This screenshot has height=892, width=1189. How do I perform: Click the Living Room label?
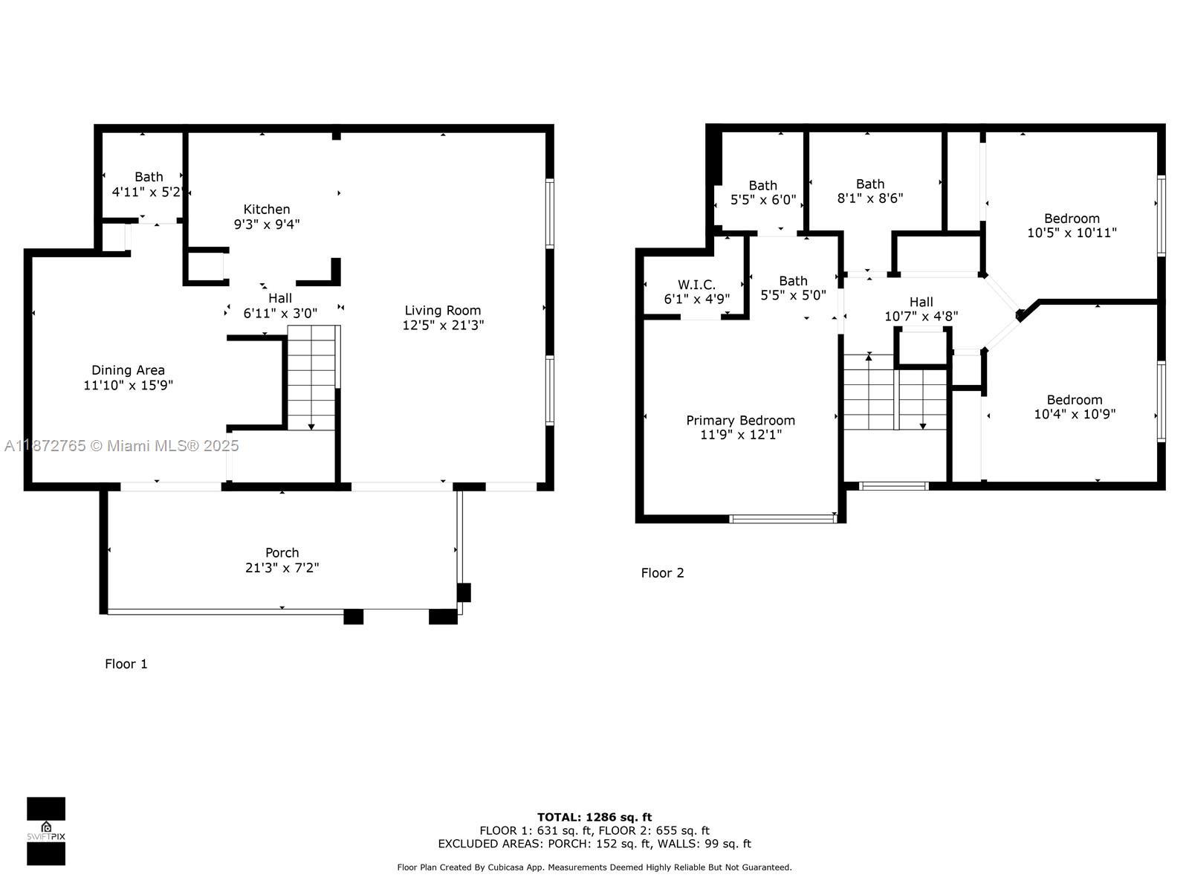(x=443, y=311)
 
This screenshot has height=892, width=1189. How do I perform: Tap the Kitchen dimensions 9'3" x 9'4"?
(x=267, y=224)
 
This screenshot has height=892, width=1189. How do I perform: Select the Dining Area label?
(x=128, y=370)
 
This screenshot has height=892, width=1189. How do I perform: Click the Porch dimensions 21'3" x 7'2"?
(x=282, y=568)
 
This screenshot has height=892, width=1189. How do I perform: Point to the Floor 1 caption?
(x=126, y=664)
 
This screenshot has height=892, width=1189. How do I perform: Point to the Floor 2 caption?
(x=662, y=573)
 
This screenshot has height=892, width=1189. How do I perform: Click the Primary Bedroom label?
(x=740, y=421)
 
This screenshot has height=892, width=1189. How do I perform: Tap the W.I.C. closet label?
(x=696, y=285)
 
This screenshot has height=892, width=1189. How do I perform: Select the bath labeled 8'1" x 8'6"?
(x=870, y=191)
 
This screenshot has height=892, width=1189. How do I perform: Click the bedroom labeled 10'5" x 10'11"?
(x=1072, y=225)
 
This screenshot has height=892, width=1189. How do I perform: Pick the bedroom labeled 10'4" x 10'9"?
(x=1075, y=407)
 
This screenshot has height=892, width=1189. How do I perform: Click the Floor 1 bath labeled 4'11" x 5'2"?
(x=149, y=184)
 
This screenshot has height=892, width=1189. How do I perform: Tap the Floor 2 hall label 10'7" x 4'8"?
(x=921, y=309)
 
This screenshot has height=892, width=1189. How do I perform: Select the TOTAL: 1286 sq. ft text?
(x=594, y=817)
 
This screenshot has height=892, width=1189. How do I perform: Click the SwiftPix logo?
(x=46, y=831)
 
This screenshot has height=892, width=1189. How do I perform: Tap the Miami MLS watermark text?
(x=121, y=446)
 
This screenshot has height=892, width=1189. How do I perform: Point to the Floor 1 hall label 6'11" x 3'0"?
(x=280, y=306)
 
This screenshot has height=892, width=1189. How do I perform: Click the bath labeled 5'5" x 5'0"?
(x=793, y=288)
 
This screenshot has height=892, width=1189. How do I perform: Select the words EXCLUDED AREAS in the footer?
(x=490, y=844)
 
